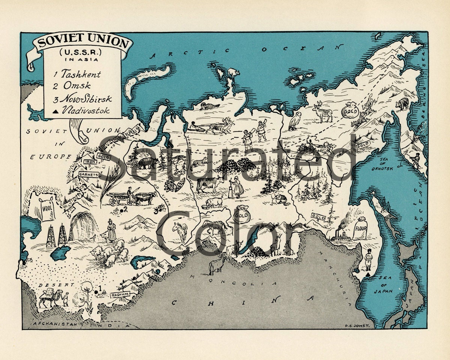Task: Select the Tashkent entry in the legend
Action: pos(77,74)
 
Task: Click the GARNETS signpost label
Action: pos(88,174)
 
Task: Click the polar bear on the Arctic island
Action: pos(233,72)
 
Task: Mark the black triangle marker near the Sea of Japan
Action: pos(369,275)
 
